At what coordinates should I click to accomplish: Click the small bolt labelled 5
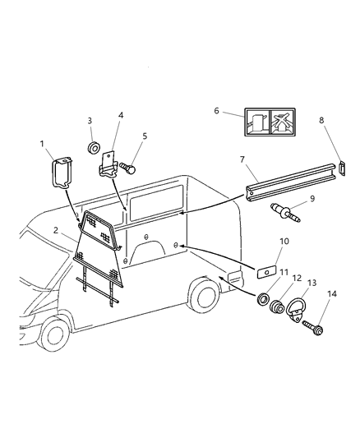point(127,167)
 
